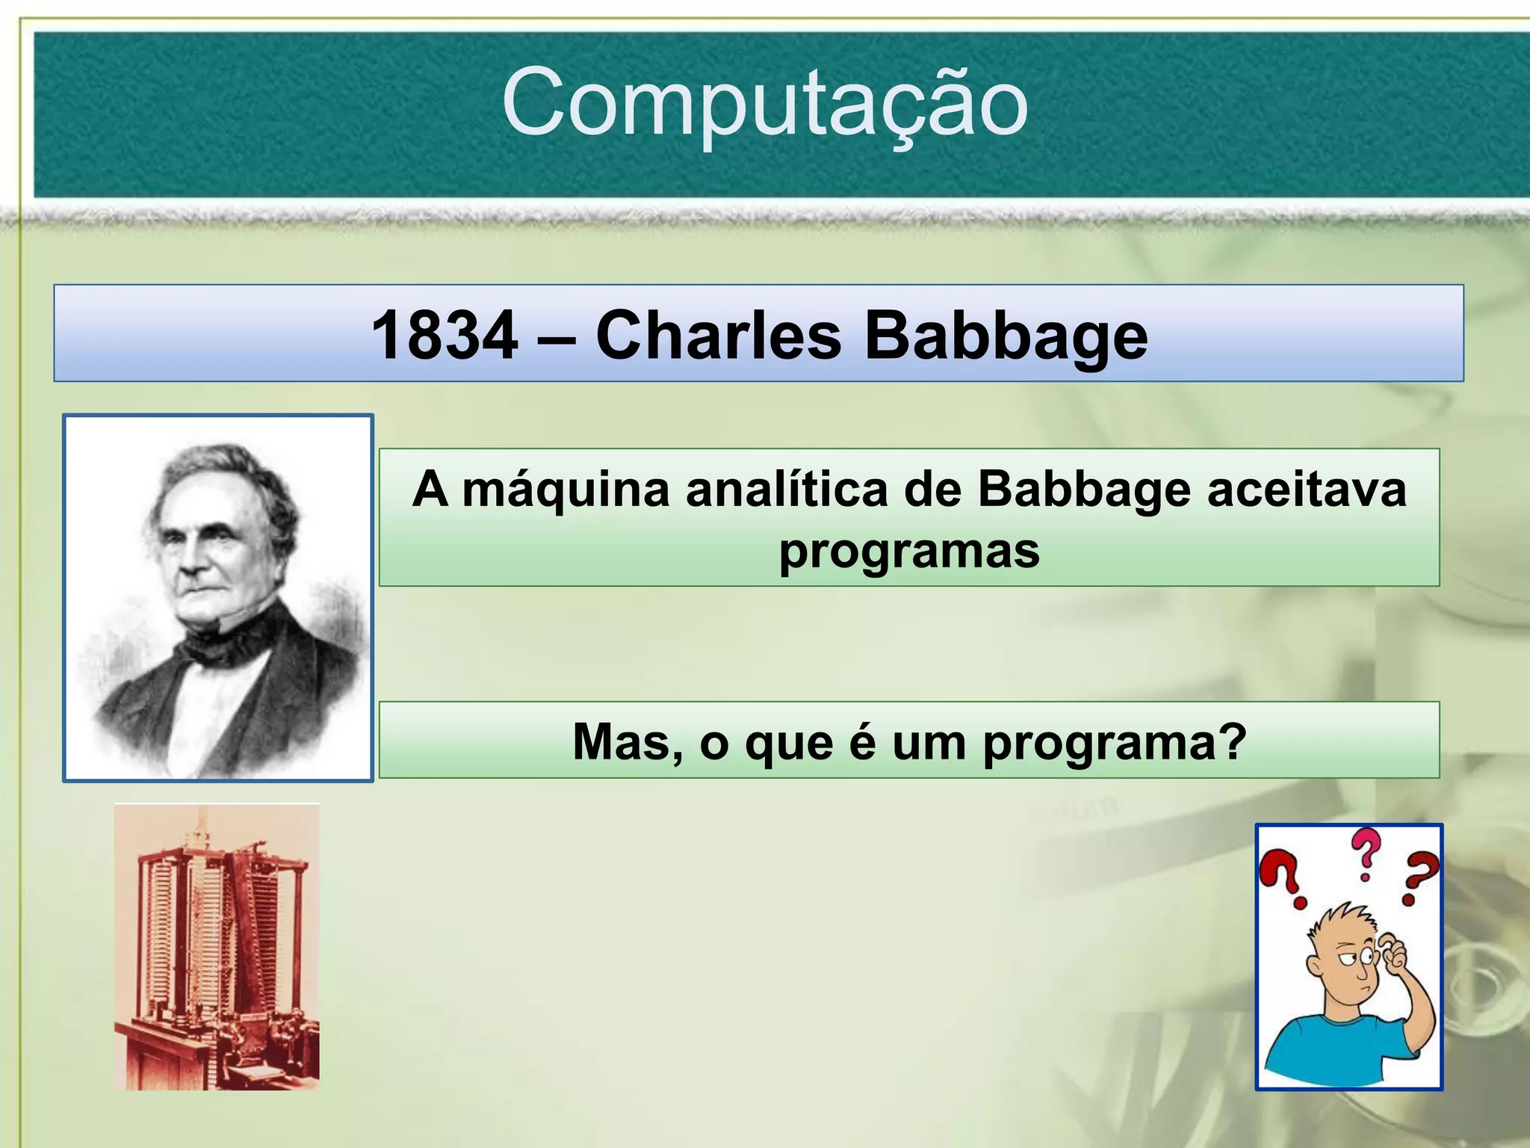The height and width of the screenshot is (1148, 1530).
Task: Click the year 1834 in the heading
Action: (x=445, y=336)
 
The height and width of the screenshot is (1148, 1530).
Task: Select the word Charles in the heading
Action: (x=718, y=336)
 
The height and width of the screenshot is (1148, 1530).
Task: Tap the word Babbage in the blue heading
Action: (x=1006, y=337)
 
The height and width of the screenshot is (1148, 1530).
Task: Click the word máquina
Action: (x=566, y=491)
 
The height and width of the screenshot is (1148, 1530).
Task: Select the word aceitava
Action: (x=1307, y=490)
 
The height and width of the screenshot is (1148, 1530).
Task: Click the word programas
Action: (x=909, y=552)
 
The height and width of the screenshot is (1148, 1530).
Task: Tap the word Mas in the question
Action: (x=627, y=742)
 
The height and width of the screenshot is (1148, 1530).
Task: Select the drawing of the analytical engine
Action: (x=217, y=947)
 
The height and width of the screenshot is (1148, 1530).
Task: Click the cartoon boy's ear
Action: (x=1316, y=965)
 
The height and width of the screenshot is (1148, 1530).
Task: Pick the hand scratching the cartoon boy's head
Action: (x=1390, y=952)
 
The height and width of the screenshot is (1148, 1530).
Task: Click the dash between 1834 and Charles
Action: (x=556, y=337)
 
